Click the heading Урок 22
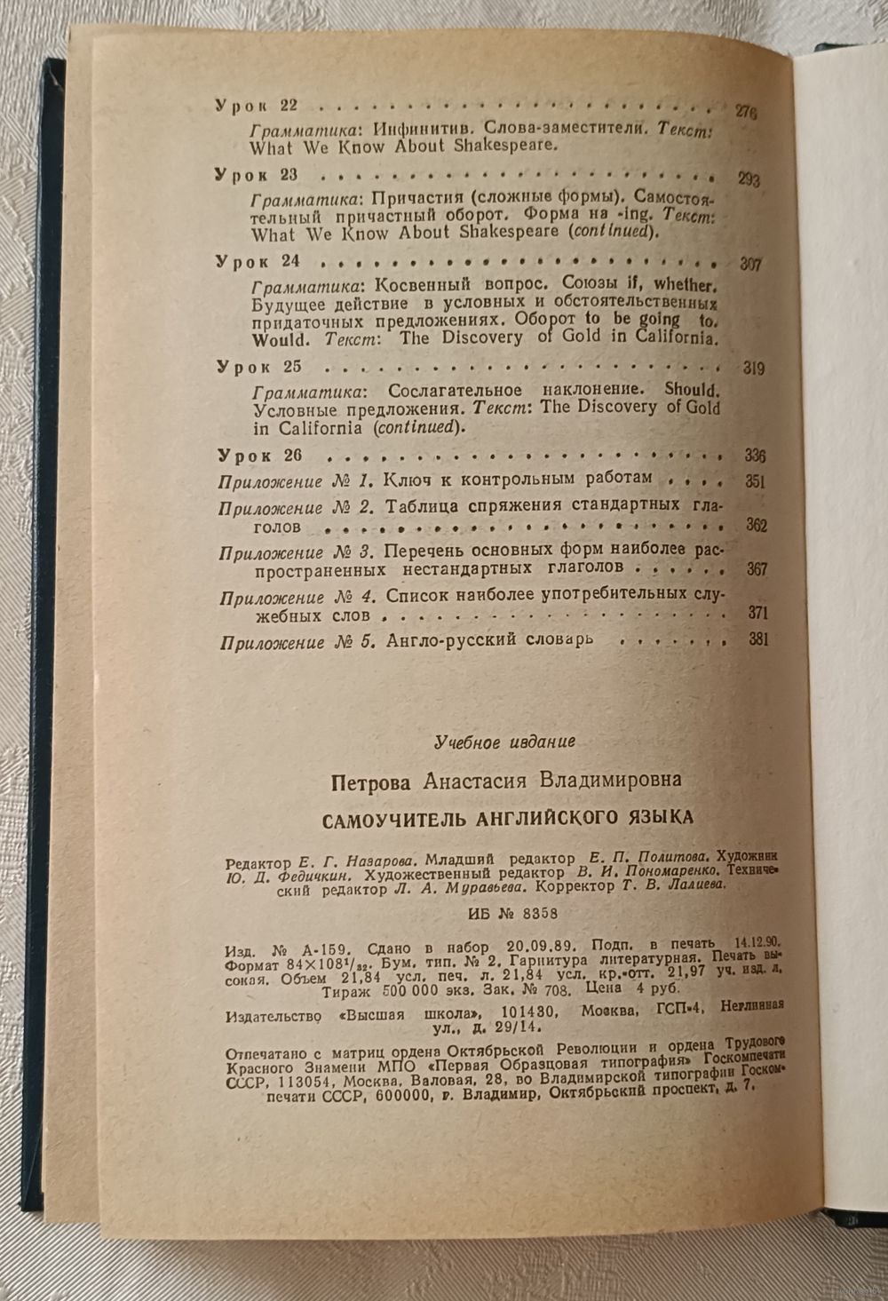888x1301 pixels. click(x=257, y=106)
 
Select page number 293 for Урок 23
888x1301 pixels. click(x=748, y=180)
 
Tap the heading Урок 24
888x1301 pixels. click(x=258, y=262)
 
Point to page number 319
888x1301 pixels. click(x=752, y=370)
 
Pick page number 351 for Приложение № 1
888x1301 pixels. click(x=755, y=482)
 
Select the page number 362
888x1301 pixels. click(x=757, y=526)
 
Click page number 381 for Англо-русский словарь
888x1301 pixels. click(x=757, y=639)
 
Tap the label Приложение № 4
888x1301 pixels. click(x=299, y=597)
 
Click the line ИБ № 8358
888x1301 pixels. click(x=511, y=913)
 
